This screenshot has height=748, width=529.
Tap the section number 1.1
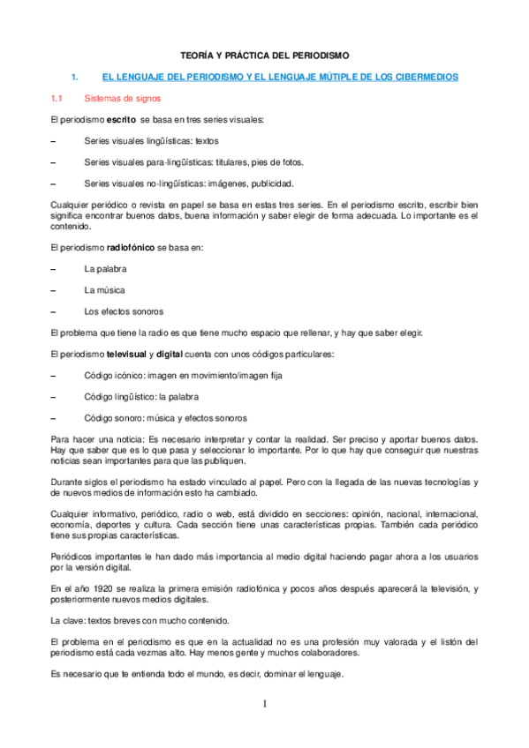point(57,99)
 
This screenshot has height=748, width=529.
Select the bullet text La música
point(104,289)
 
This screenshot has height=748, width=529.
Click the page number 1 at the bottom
point(263,703)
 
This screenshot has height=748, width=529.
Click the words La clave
point(67,618)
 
